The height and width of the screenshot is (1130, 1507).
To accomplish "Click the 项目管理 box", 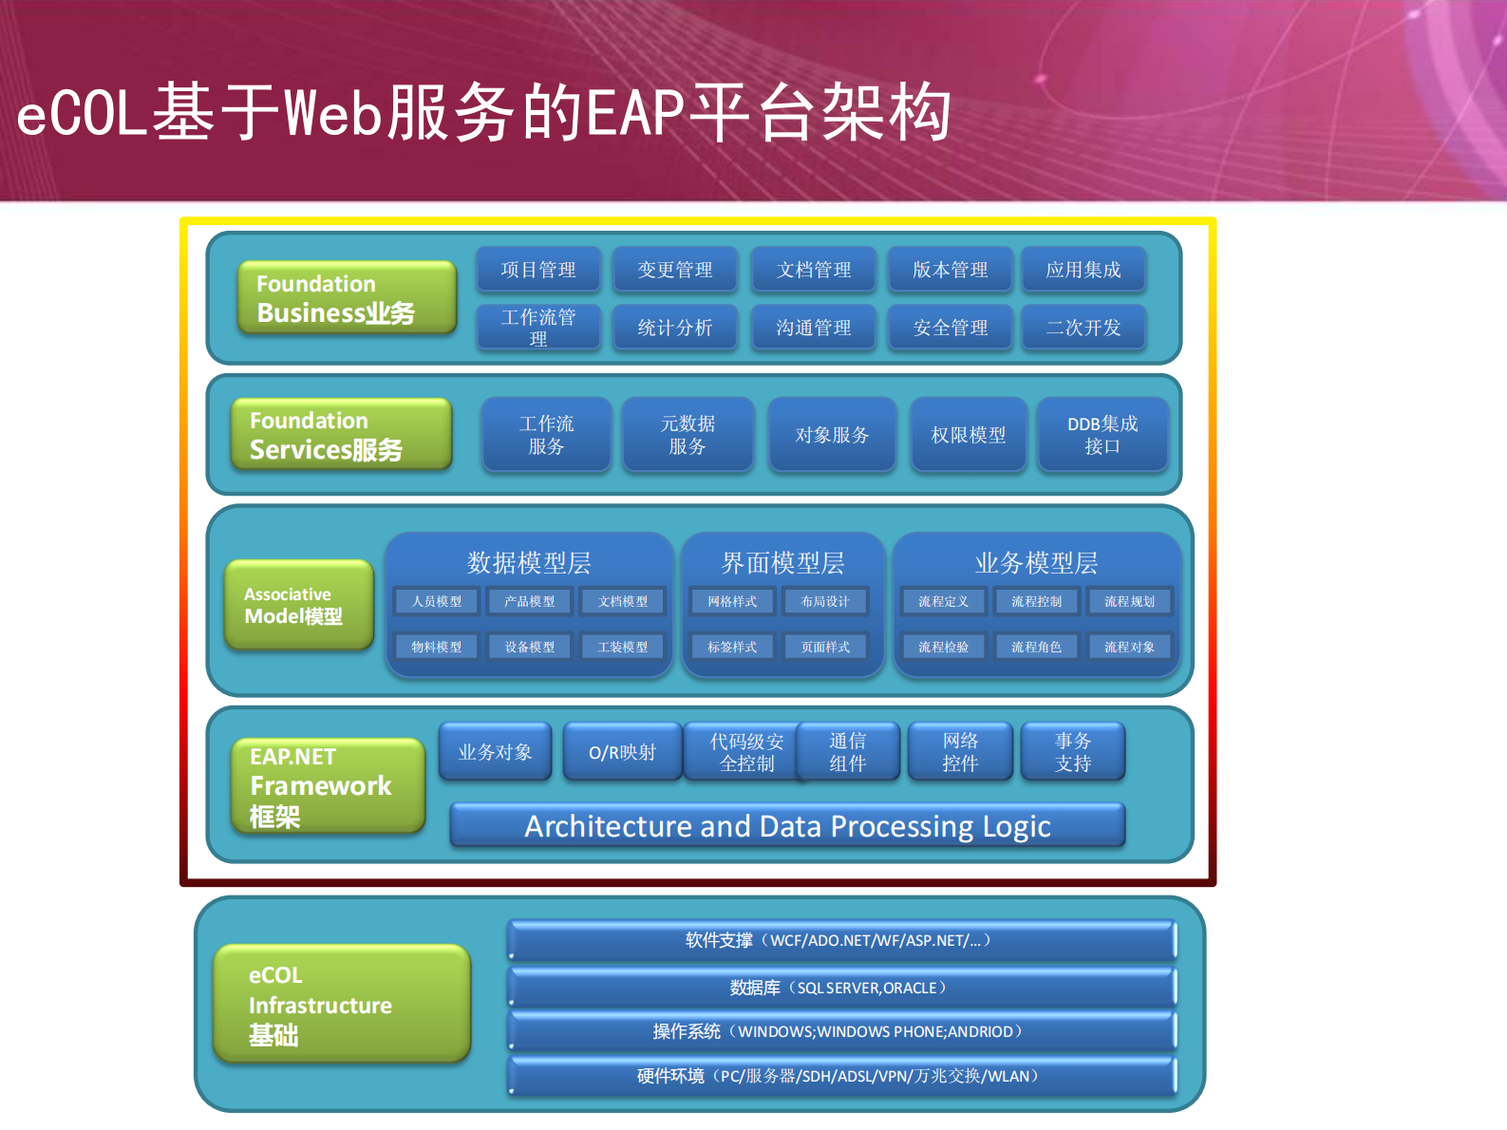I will coord(538,270).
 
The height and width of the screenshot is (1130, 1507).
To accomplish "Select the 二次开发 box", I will coord(1083,328).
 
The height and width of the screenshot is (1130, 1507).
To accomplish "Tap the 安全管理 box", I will coord(950,328).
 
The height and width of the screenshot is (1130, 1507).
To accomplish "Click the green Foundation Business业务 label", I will coord(347,297).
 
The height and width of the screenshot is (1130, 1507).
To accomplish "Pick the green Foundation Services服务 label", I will coord(341,434).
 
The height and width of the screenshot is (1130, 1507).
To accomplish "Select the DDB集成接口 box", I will coord(1102,435).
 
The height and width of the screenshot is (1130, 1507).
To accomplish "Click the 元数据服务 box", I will coord(688,435).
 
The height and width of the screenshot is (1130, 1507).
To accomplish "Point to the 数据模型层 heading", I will coord(529,563).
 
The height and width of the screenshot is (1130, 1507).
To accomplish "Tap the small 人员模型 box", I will coord(437,601).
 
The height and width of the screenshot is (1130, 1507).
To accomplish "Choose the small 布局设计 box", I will coord(824,601).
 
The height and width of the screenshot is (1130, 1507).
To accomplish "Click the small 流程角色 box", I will coord(1036,647).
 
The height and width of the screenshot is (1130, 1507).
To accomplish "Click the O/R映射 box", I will coord(622,752).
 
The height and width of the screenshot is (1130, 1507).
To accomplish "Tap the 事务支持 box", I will coord(1072,752).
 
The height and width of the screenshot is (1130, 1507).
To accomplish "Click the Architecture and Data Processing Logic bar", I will coord(787,826).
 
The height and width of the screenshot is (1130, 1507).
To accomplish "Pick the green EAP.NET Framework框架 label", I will coord(328,785).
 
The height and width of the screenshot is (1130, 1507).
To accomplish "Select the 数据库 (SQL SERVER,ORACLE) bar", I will coord(841,988).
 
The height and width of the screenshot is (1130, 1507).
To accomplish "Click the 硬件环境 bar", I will coord(841,1076).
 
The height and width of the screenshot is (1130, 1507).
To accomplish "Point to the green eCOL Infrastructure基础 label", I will coord(342,1004).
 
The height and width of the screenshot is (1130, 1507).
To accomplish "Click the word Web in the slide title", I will coord(332,113).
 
